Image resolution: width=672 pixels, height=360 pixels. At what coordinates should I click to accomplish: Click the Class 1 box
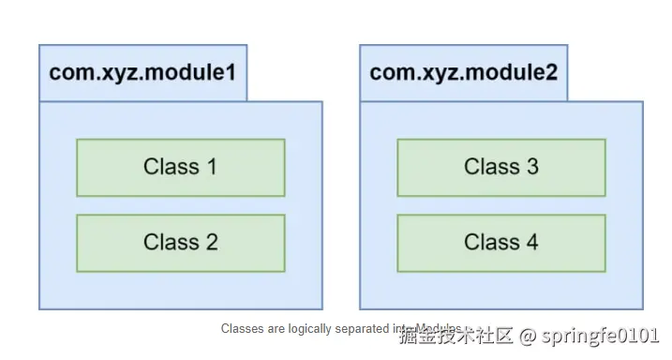[180, 167]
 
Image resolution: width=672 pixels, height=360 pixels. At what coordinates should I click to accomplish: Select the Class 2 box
[180, 243]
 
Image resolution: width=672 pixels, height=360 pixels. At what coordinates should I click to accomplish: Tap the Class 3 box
[500, 167]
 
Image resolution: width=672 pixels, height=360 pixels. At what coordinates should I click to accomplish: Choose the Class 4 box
[500, 243]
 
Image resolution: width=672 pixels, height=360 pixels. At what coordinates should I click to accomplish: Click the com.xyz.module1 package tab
[142, 72]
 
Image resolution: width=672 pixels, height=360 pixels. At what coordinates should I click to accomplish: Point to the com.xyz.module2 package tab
[463, 72]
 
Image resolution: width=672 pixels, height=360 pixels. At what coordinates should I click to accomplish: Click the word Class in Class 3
[491, 167]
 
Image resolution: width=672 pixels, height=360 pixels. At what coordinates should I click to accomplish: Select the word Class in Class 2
[171, 243]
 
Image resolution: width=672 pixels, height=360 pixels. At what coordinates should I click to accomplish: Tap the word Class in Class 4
[491, 243]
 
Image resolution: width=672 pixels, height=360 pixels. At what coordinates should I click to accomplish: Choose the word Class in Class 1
[171, 167]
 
